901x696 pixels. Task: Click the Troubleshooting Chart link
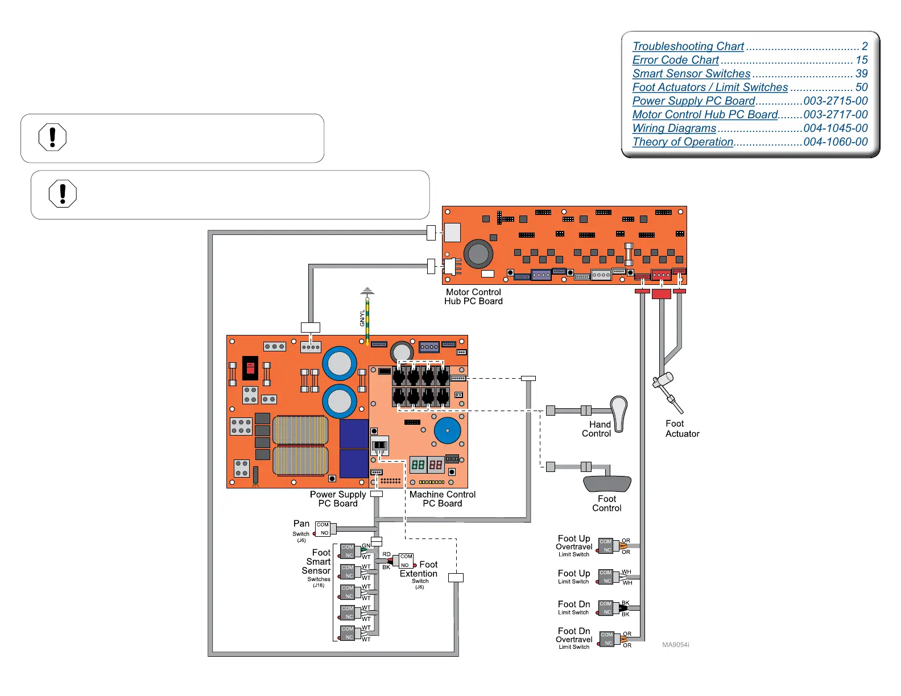point(688,47)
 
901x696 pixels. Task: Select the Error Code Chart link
point(675,60)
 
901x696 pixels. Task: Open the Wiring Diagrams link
point(674,129)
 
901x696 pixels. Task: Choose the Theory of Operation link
point(683,142)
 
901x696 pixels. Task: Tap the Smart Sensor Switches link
point(691,74)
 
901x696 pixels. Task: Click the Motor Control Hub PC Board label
point(473,297)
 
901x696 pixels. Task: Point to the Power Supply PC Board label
point(338,499)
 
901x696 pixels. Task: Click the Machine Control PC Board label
point(442,499)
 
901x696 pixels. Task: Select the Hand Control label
point(597,429)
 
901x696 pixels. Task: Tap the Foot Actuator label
point(682,429)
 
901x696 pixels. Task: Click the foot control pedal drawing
point(607,483)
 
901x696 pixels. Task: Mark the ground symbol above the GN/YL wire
point(367,292)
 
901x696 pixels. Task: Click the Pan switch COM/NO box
point(323,529)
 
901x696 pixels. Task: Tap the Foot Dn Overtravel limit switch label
point(574,638)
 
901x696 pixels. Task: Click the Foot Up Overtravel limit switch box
point(606,546)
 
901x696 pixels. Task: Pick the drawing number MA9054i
point(675,645)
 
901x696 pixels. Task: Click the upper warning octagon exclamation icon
point(52,138)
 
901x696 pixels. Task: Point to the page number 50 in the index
point(861,88)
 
